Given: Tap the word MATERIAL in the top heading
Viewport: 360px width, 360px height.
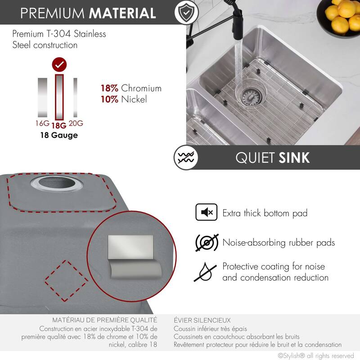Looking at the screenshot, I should (122, 13).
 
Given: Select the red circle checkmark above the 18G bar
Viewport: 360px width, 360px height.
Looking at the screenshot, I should (59, 65).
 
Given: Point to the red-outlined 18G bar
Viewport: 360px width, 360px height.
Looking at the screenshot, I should (59, 97).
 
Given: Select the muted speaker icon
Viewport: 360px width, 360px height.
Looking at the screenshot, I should (207, 212).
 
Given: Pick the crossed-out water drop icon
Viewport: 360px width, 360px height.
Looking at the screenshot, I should (207, 272).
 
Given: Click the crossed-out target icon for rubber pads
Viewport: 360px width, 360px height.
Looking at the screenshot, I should (207, 243).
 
